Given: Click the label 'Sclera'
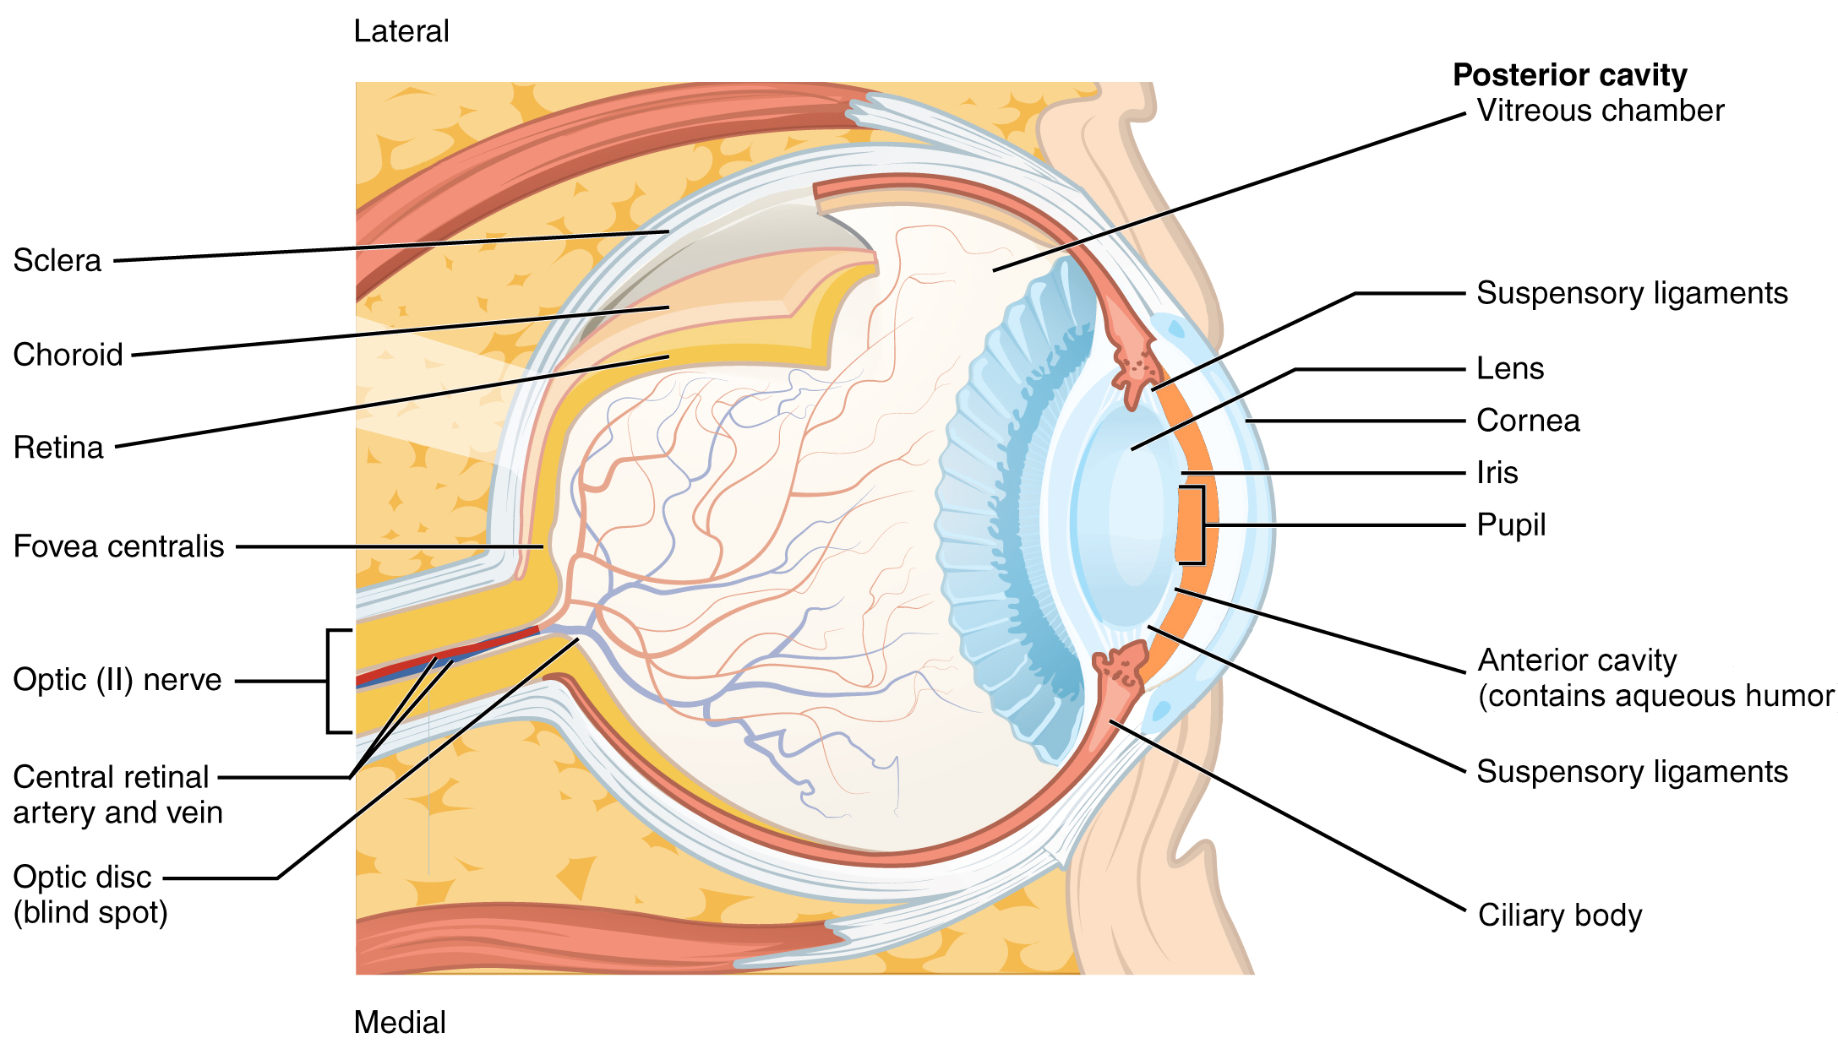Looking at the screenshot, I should (57, 261).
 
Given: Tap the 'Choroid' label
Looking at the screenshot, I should (68, 355).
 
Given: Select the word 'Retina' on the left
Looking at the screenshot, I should (58, 448).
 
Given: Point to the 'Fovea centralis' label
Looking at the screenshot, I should (118, 546).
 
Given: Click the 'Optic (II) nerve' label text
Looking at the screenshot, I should (117, 680).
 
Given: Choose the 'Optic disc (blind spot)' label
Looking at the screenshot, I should (90, 895).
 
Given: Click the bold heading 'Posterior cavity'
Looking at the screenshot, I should (1569, 75).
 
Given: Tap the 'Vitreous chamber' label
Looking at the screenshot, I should (1600, 111).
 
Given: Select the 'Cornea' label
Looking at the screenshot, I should (1528, 421).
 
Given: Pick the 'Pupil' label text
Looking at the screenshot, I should (1511, 525).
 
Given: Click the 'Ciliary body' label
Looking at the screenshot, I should (1560, 916).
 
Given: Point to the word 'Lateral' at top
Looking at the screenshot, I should (401, 32).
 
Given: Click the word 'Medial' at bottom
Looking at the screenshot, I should (400, 1023).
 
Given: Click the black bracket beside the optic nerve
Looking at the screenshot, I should (330, 681).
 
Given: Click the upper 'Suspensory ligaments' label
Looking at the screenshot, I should (1632, 293).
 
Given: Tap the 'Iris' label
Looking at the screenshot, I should (1497, 473).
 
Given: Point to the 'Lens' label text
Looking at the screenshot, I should (1510, 369).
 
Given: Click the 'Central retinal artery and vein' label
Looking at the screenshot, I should (117, 795).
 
